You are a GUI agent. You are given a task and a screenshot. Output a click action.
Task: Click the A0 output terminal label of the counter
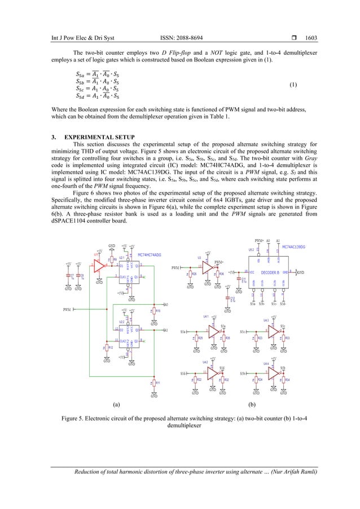[x=165, y=305]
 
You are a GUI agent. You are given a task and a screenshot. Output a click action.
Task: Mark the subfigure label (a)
[x=116, y=405]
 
